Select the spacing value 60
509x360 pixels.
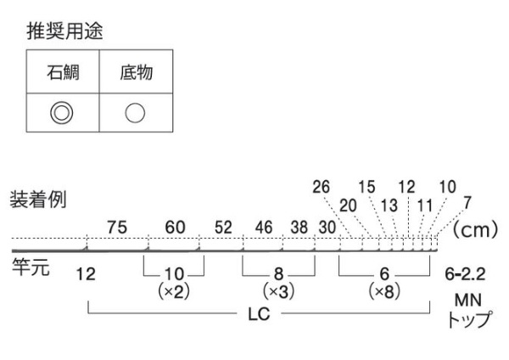pyautogui.click(x=175, y=228)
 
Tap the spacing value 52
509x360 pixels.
pyautogui.click(x=222, y=228)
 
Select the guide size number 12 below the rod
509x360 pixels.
pyautogui.click(x=85, y=273)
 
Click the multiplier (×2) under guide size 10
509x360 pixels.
pyautogui.click(x=173, y=290)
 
